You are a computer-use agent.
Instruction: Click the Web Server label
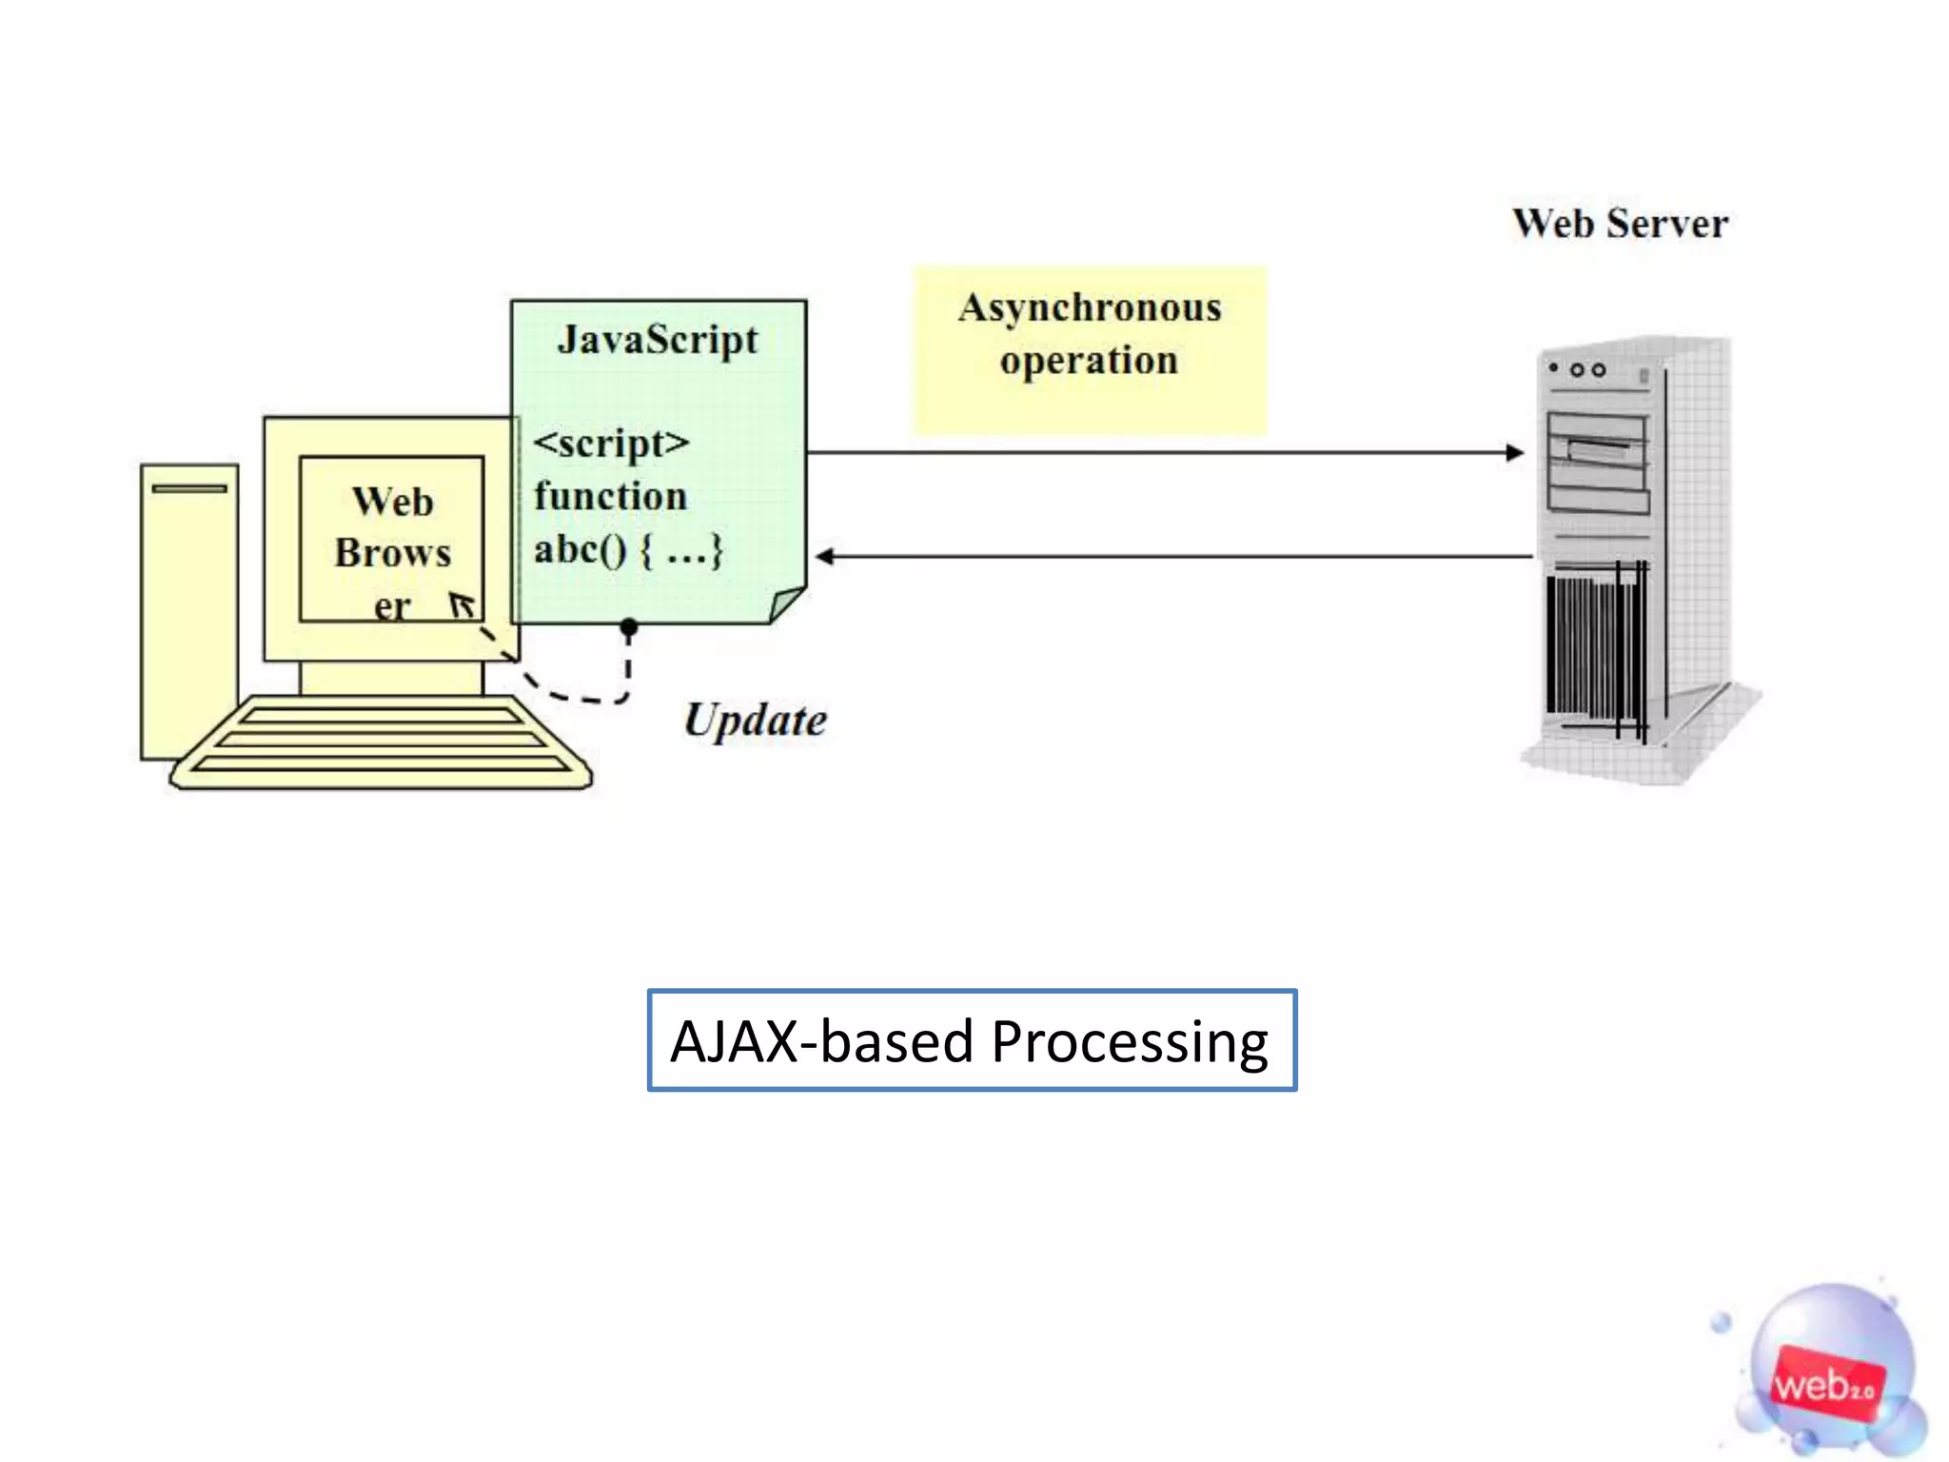1620,225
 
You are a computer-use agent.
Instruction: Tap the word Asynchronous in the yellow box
1090,308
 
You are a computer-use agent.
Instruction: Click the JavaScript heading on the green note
658,341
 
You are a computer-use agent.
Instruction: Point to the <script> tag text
611,444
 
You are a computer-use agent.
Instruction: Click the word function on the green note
610,497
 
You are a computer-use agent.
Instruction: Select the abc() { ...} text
628,550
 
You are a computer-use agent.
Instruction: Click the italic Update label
756,721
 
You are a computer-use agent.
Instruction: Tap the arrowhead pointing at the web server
1515,453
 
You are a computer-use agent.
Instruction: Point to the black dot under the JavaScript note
629,626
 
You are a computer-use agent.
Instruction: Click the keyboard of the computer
381,742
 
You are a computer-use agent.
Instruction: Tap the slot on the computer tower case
189,489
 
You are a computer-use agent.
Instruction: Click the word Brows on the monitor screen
392,554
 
